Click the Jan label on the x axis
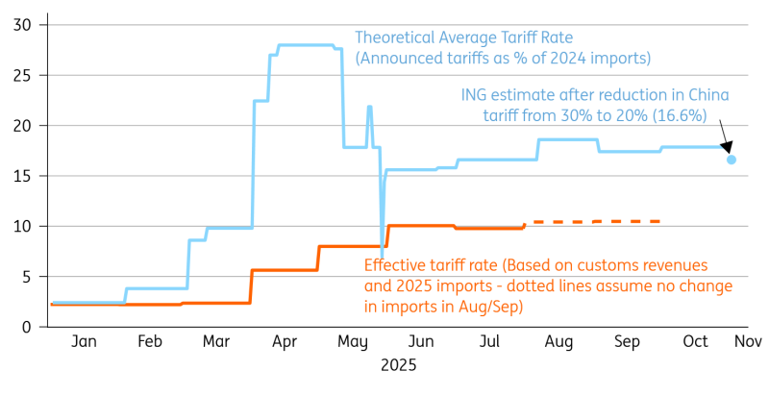[x=84, y=342]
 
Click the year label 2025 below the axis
[x=398, y=366]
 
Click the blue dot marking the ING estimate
[x=732, y=160]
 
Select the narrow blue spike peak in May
[x=369, y=107]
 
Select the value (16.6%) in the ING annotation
[x=678, y=115]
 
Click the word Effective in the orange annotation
[x=392, y=265]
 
